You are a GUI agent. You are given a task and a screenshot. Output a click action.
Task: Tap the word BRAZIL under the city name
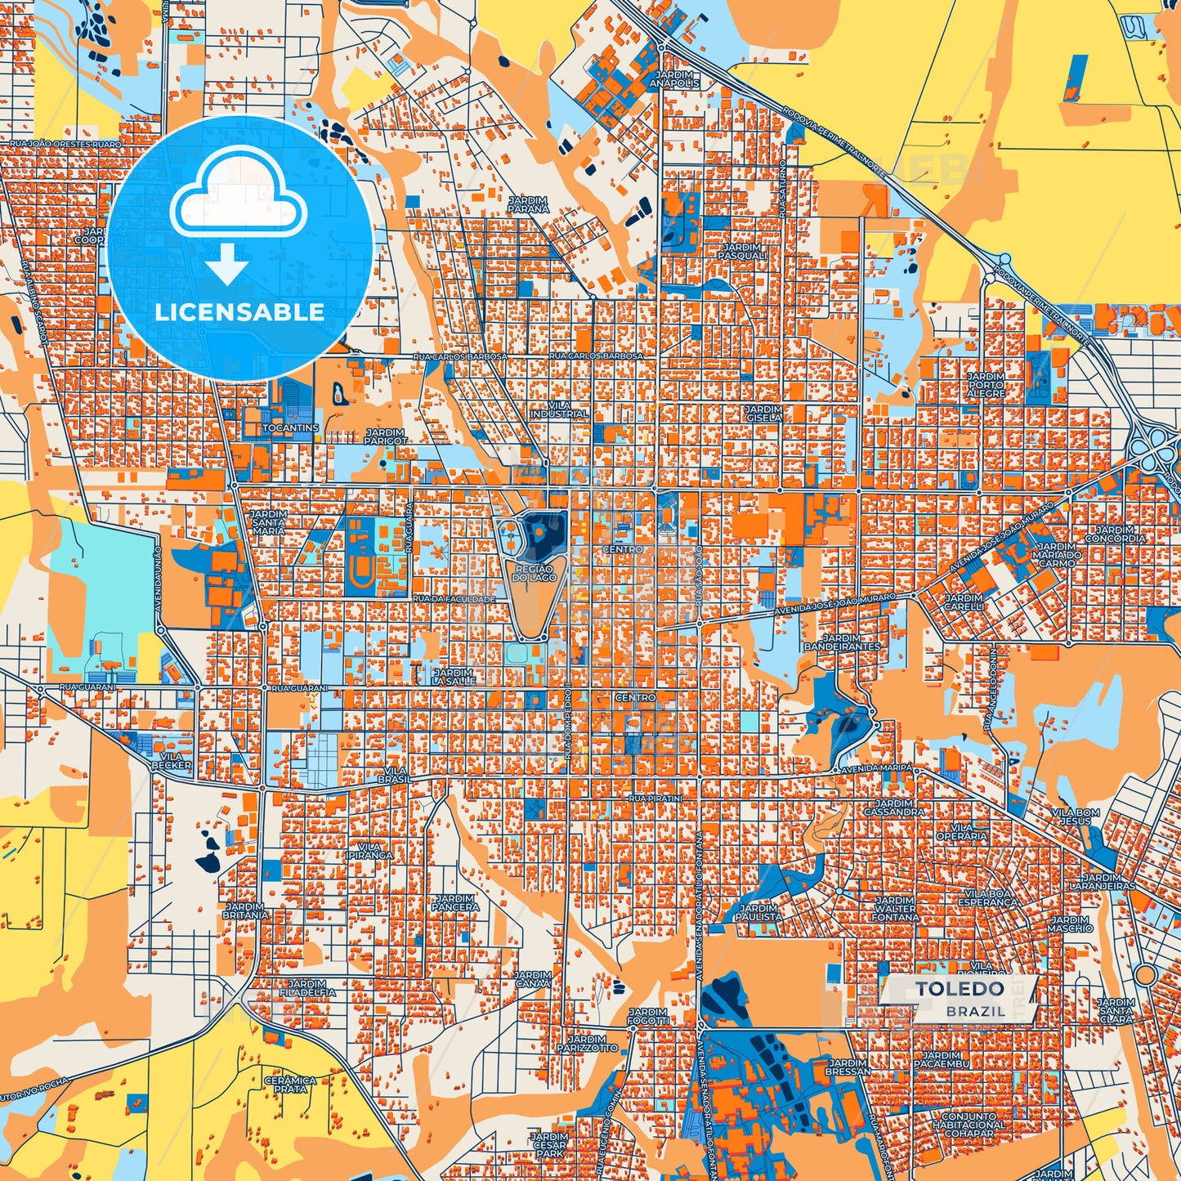pos(975,1011)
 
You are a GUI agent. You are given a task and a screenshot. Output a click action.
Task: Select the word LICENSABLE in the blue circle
pos(239,312)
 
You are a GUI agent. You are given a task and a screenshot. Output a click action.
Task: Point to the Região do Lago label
pos(534,573)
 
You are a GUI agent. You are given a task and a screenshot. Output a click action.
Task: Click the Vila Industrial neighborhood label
pos(559,409)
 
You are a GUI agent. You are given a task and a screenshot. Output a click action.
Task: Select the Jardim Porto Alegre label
pos(986,385)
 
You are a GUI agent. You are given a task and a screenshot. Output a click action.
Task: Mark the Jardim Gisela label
pos(763,413)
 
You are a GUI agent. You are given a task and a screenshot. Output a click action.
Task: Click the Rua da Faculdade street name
pos(454,599)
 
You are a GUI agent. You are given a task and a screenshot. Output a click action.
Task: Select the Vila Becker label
pos(171,761)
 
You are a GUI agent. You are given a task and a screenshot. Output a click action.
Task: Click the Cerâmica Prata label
pos(290,1085)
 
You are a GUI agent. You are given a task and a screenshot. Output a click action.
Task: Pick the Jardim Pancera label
pos(455,903)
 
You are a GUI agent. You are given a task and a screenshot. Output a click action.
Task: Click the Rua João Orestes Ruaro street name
pos(65,144)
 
